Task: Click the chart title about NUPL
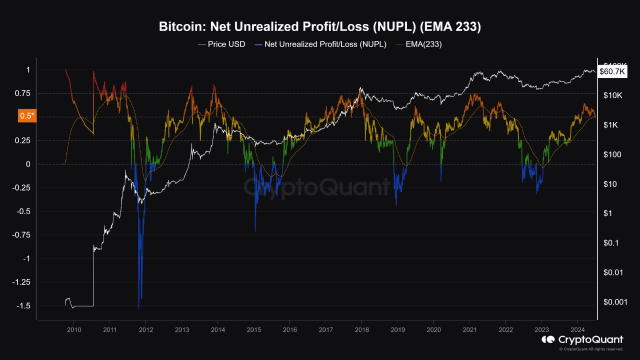[x=320, y=27]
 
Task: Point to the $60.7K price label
[x=612, y=72]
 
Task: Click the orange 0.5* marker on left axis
[x=26, y=116]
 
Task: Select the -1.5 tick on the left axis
[x=24, y=305]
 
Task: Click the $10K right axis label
[x=613, y=95]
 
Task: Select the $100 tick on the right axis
[x=612, y=154]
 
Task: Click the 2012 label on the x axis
[x=145, y=330]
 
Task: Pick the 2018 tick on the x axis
[x=361, y=330]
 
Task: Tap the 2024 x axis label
[x=577, y=330]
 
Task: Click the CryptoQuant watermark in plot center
[x=316, y=187]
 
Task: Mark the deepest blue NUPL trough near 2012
[x=138, y=307]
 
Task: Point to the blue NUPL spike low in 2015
[x=255, y=230]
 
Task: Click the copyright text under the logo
[x=591, y=349]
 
